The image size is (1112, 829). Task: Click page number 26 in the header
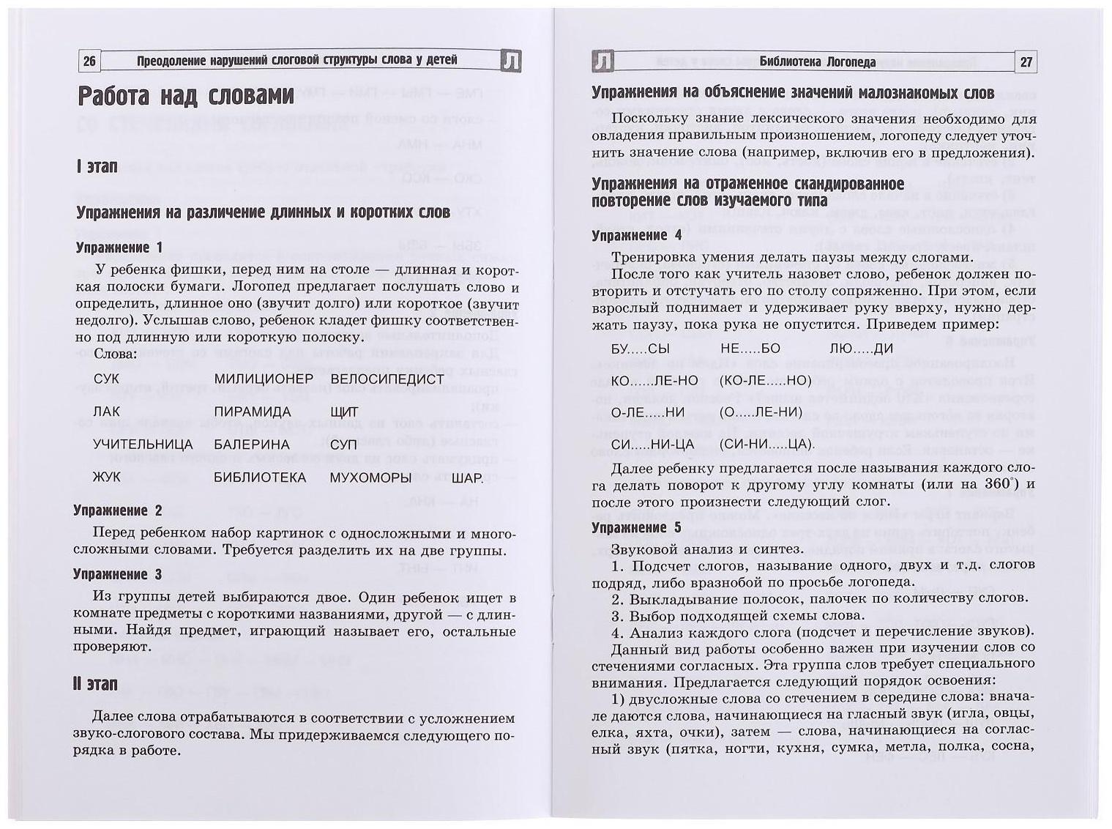(x=89, y=62)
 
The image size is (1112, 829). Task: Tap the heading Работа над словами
(x=186, y=97)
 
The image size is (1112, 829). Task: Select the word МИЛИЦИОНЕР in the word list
(x=264, y=379)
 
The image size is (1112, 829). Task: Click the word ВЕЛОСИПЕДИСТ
(x=387, y=379)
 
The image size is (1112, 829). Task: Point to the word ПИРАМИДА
(x=253, y=412)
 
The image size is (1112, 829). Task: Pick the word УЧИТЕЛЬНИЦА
(x=143, y=445)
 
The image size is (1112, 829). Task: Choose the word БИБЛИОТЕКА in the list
(x=260, y=477)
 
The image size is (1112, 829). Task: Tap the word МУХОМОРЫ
(x=370, y=477)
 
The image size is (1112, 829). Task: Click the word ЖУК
(x=107, y=477)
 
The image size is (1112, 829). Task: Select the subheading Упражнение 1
(x=119, y=248)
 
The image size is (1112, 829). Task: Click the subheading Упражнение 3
(x=118, y=574)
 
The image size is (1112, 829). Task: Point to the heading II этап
(x=95, y=683)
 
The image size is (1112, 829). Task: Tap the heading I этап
(x=97, y=167)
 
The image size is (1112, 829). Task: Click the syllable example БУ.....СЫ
(x=641, y=349)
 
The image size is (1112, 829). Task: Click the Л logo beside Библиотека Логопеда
(x=602, y=62)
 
